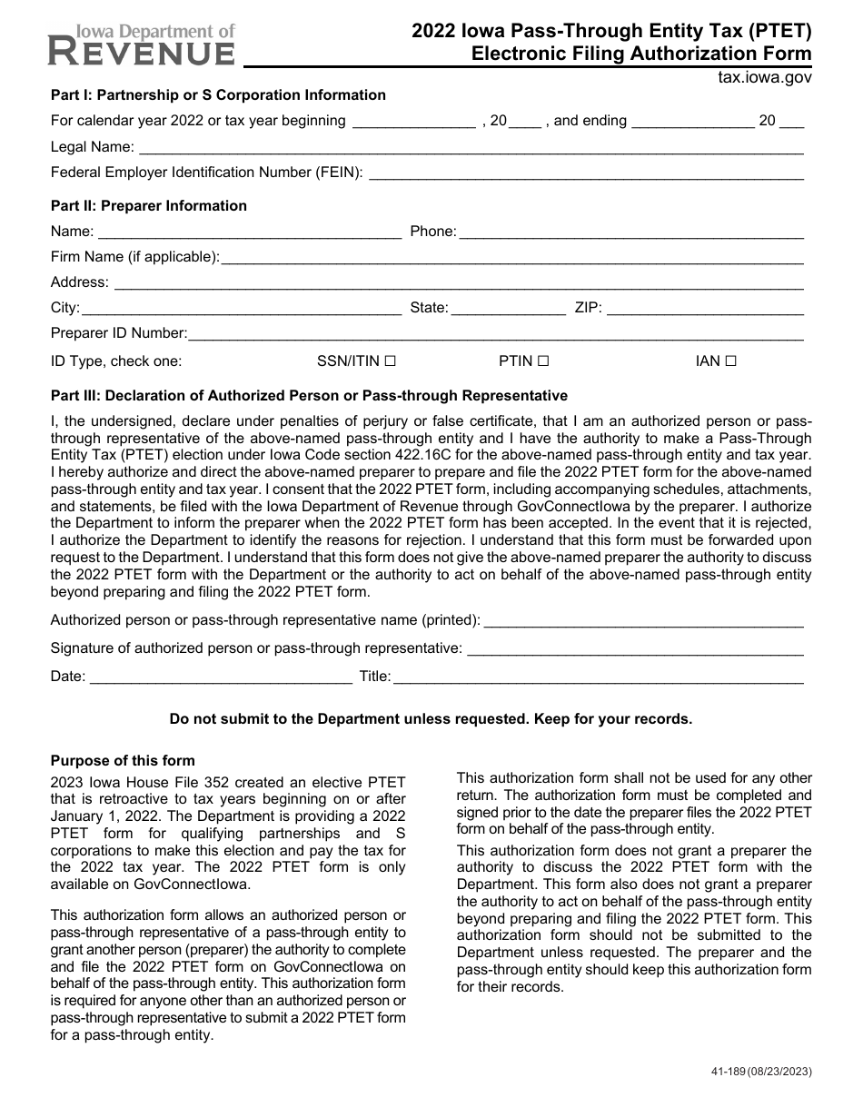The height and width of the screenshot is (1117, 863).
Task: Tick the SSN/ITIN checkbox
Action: (x=390, y=361)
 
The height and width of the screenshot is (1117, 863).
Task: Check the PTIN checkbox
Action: (x=543, y=361)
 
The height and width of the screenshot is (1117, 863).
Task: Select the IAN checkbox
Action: (x=731, y=361)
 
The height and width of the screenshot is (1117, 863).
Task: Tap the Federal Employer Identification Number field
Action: (x=586, y=173)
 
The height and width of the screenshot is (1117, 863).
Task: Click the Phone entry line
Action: (x=631, y=232)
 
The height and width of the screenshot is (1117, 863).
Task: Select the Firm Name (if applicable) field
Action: (x=512, y=258)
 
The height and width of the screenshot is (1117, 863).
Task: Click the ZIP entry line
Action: (x=705, y=309)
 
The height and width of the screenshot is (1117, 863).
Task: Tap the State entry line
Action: (x=508, y=309)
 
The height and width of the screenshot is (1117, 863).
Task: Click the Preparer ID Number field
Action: (x=496, y=334)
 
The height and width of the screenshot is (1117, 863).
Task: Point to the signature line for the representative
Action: (x=634, y=649)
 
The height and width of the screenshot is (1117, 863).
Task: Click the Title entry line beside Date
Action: (x=599, y=677)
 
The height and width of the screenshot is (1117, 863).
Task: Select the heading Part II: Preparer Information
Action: (x=148, y=206)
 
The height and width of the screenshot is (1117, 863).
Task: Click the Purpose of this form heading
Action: (x=123, y=761)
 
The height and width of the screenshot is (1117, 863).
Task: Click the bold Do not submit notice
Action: (x=431, y=719)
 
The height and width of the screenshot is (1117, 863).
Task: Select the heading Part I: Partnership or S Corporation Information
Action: (x=218, y=95)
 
